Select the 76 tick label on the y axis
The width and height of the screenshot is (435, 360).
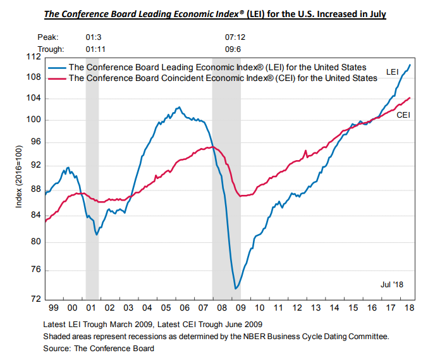35,270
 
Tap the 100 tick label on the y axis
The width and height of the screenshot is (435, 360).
34,120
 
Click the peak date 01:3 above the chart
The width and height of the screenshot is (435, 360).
92,37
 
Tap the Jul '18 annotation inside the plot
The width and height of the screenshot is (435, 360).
391,284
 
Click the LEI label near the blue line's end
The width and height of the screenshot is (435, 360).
392,73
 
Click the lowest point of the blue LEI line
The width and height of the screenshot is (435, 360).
236,289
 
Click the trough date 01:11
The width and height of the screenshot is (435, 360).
94,48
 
